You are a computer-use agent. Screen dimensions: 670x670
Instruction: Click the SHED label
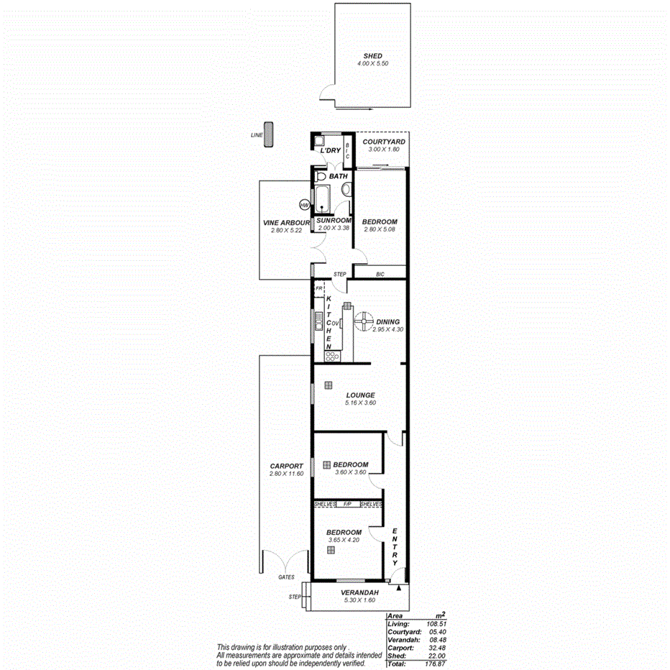coord(372,55)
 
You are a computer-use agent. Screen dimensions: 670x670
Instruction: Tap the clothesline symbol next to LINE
coord(268,134)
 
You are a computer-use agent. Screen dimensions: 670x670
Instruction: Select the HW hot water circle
coord(304,205)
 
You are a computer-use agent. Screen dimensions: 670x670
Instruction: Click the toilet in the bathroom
coord(321,176)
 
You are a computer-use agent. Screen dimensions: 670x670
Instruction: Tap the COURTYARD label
coord(383,142)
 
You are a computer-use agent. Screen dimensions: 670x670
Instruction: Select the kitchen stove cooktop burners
coord(331,355)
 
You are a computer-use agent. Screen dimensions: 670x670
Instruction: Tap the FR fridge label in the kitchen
coord(318,289)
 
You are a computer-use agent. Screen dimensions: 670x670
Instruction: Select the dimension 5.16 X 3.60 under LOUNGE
coord(360,403)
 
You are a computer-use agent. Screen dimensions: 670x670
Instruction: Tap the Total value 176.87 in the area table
coord(435,664)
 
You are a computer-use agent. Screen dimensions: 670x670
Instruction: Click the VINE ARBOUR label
coord(286,223)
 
